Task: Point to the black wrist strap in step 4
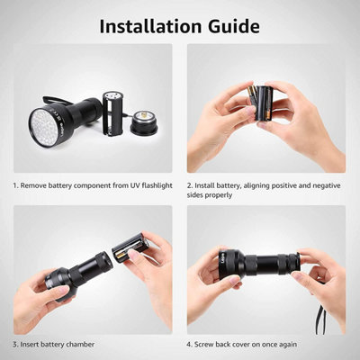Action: [x=319, y=315]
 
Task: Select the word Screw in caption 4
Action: [x=210, y=345]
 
